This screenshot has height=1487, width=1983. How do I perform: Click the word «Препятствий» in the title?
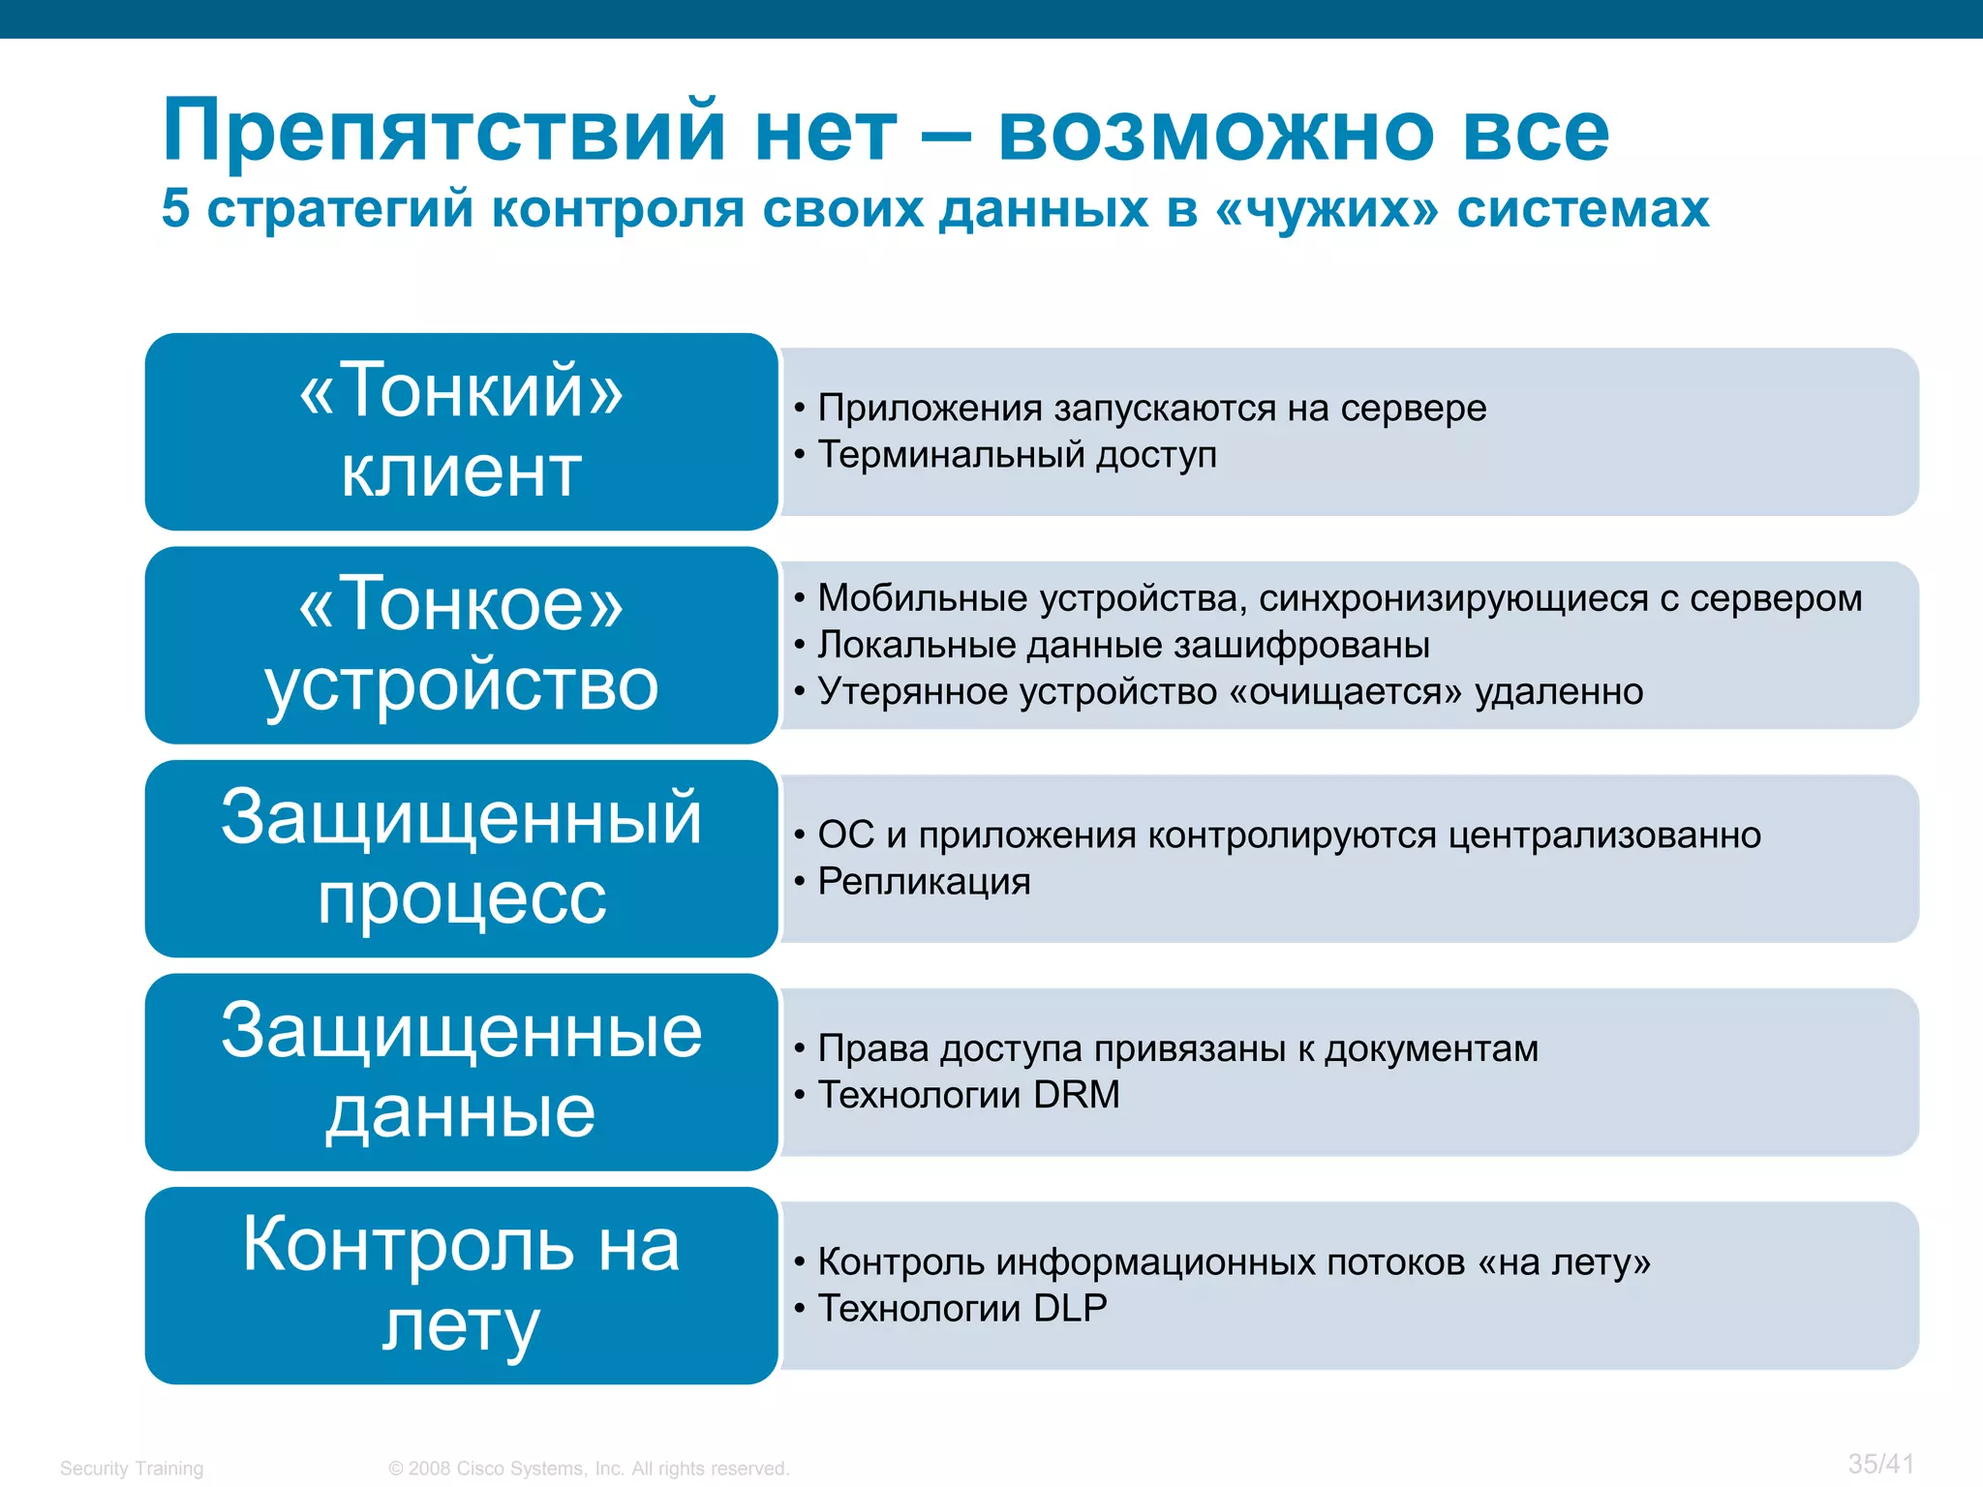443,131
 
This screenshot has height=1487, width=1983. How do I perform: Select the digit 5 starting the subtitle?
175,208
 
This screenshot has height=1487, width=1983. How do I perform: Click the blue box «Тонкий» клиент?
461,432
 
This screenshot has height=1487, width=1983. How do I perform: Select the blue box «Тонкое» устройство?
461,645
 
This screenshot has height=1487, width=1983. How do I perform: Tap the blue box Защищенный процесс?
461,859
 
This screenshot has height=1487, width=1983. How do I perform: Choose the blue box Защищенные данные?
461,1072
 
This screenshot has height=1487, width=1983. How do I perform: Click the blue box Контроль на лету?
461,1286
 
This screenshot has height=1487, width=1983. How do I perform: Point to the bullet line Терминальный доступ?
1017,454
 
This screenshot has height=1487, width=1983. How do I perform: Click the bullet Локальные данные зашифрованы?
1123,645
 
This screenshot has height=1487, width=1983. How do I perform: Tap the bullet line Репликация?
924,881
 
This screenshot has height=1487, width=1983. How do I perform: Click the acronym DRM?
1076,1095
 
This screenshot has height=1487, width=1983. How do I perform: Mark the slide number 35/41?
1880,1463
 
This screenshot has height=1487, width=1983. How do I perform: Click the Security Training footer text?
132,1468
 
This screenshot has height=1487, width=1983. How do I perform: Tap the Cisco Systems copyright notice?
589,1468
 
